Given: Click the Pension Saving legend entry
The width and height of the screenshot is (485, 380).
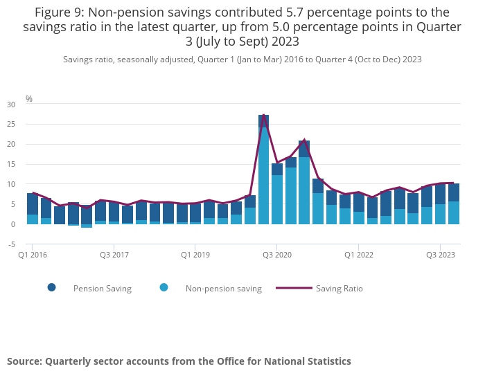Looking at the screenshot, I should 102,289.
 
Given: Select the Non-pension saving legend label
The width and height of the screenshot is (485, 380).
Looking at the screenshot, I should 223,289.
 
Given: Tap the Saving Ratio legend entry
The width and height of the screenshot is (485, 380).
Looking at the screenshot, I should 339,289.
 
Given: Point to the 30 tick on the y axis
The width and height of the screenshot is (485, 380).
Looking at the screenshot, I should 10,105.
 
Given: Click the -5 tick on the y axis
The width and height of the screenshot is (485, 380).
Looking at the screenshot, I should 10,244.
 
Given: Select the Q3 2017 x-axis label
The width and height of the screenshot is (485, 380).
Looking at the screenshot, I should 114,255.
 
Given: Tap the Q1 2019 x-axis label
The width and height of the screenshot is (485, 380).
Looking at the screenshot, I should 195,255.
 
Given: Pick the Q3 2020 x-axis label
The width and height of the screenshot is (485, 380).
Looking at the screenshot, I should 277,255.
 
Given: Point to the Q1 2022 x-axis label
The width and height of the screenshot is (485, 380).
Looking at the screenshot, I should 358,255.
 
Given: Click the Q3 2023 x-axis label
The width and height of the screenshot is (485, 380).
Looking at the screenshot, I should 440,255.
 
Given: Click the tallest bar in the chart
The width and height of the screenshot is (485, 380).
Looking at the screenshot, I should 263,170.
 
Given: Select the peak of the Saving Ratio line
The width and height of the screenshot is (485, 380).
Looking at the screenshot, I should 263,115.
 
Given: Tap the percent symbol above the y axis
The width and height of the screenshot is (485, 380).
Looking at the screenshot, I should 29,99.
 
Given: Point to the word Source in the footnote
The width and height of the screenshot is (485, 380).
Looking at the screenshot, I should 25,361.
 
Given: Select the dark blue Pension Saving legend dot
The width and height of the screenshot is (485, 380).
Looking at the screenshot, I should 52,288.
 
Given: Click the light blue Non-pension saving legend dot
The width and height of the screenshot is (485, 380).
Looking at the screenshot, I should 164,288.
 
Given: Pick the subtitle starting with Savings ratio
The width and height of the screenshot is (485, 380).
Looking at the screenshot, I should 242,60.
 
